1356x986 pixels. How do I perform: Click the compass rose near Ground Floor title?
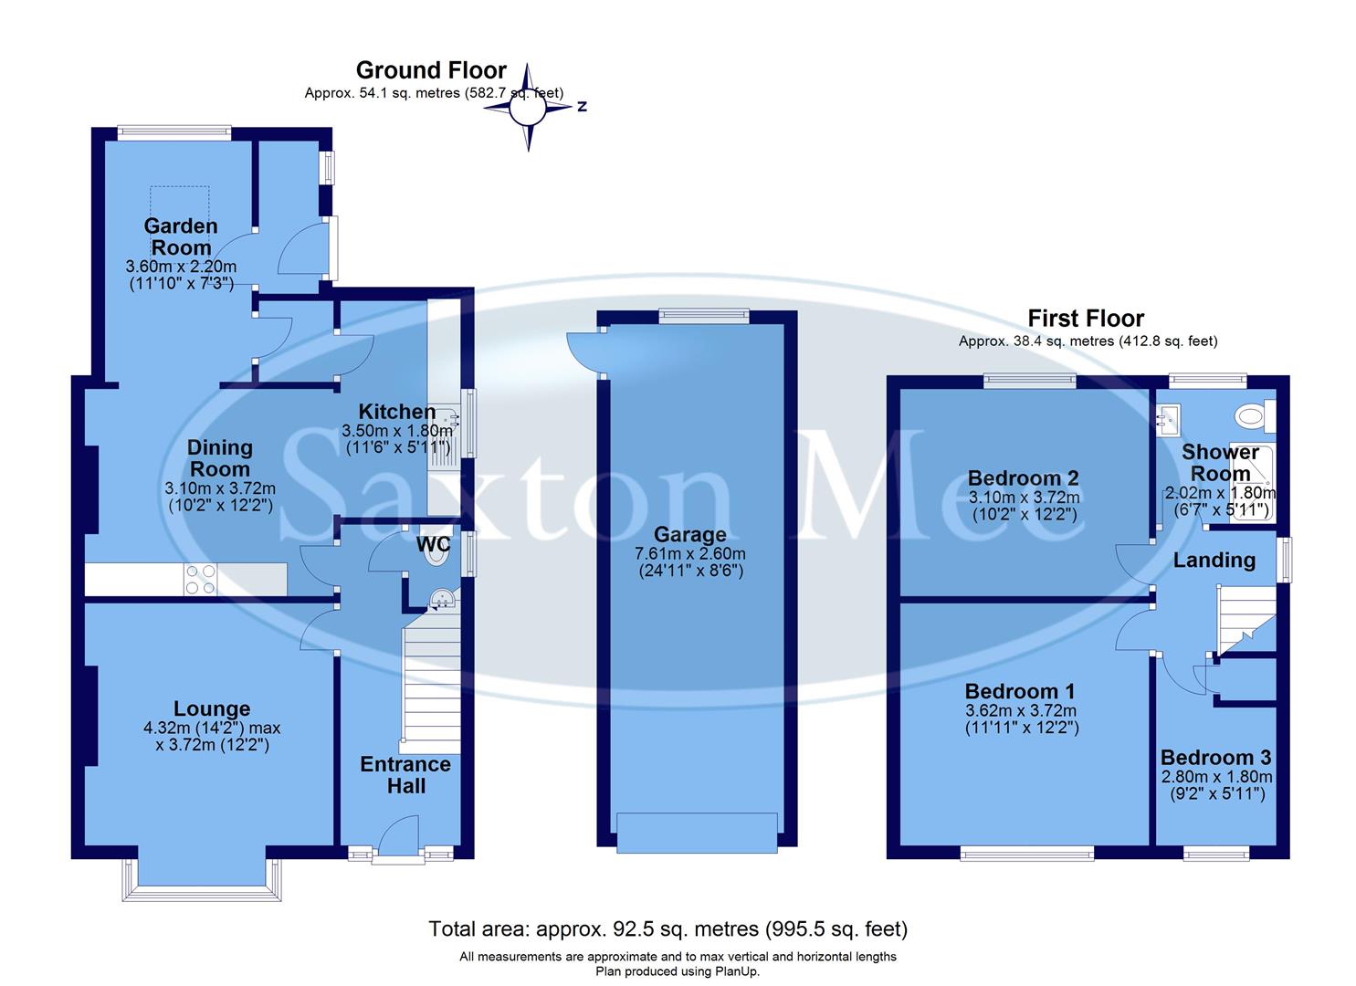click(528, 109)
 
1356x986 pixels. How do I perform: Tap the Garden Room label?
click(181, 236)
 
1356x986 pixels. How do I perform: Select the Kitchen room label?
click(396, 411)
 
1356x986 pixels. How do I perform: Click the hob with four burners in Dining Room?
click(201, 579)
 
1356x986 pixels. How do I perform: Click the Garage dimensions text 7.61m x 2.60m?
click(691, 554)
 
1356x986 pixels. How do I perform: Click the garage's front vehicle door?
click(697, 833)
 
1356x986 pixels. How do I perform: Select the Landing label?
click(1214, 561)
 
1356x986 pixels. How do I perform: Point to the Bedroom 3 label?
click(1215, 758)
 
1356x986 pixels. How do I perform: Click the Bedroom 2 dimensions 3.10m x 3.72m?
click(1023, 498)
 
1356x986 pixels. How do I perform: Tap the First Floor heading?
click(1085, 319)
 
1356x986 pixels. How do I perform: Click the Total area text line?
click(667, 929)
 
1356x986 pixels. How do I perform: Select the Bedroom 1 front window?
click(1026, 855)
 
